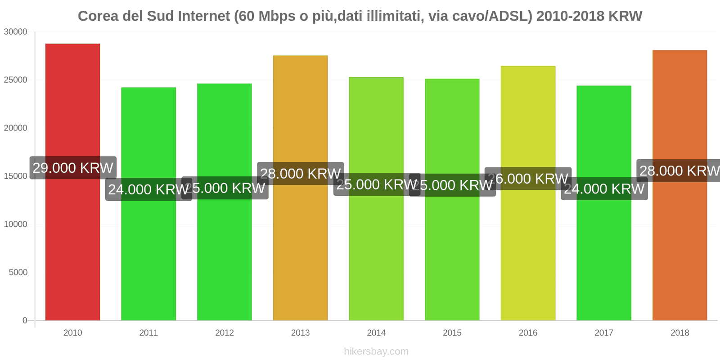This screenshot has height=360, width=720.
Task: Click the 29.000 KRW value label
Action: point(73,168)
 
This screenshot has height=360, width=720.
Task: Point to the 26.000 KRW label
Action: point(528,179)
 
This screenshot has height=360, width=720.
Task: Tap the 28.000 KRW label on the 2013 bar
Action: point(300,173)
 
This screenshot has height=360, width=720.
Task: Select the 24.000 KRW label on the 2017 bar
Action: point(604,189)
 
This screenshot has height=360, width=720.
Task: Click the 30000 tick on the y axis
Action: point(16,32)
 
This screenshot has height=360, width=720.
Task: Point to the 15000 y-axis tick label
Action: point(16,176)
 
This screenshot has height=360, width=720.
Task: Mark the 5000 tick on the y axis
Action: point(18,273)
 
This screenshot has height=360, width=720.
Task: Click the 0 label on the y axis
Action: point(25,321)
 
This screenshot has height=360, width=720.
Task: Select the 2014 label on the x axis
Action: point(376,333)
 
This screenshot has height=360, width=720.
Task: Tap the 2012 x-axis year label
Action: point(224,333)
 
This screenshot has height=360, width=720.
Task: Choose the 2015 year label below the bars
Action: point(452,333)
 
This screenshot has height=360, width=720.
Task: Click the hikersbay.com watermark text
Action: point(376,351)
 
